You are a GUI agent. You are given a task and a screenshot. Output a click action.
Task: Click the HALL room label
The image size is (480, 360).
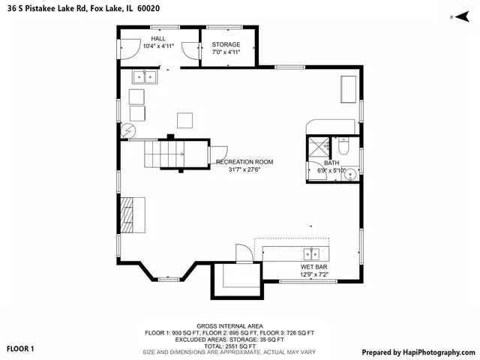pyautogui.click(x=158, y=38)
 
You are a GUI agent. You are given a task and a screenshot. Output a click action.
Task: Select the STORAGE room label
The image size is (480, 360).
pyautogui.click(x=226, y=45)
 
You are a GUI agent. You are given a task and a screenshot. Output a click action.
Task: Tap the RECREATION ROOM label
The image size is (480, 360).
pyautogui.click(x=244, y=162)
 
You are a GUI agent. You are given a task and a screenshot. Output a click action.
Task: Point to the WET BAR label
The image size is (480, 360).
pyautogui.click(x=313, y=267)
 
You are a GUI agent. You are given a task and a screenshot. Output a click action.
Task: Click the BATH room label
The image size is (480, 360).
pyautogui.click(x=331, y=163)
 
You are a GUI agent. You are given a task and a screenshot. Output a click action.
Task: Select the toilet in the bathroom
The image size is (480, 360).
pyautogui.click(x=344, y=142)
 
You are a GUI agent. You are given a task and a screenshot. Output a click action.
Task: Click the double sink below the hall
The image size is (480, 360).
pyautogui.click(x=144, y=76)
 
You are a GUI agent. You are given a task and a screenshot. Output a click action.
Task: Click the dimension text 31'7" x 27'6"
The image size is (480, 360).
pyautogui.click(x=244, y=170)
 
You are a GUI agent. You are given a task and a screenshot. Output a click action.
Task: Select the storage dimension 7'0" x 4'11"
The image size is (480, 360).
pyautogui.click(x=226, y=52)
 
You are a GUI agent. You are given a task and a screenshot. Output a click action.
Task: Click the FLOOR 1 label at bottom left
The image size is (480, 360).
pyautogui.click(x=21, y=349)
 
